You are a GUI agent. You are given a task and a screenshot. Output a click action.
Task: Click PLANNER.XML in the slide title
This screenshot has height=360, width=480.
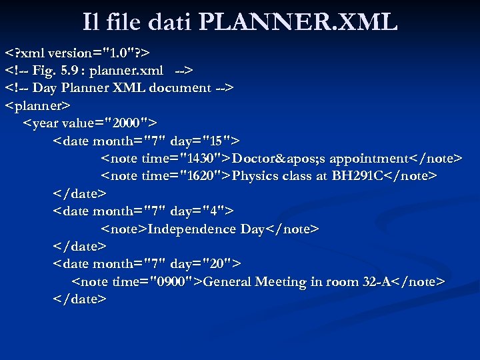coord(298,22)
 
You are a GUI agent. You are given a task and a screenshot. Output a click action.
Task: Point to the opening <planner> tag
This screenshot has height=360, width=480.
coord(38,105)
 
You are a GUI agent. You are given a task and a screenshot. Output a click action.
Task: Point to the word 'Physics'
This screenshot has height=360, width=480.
coord(256,176)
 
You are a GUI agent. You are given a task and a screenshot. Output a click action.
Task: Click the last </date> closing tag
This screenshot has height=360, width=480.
coord(79,299)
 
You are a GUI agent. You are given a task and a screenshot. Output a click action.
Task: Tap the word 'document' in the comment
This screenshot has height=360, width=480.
coord(179,87)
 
